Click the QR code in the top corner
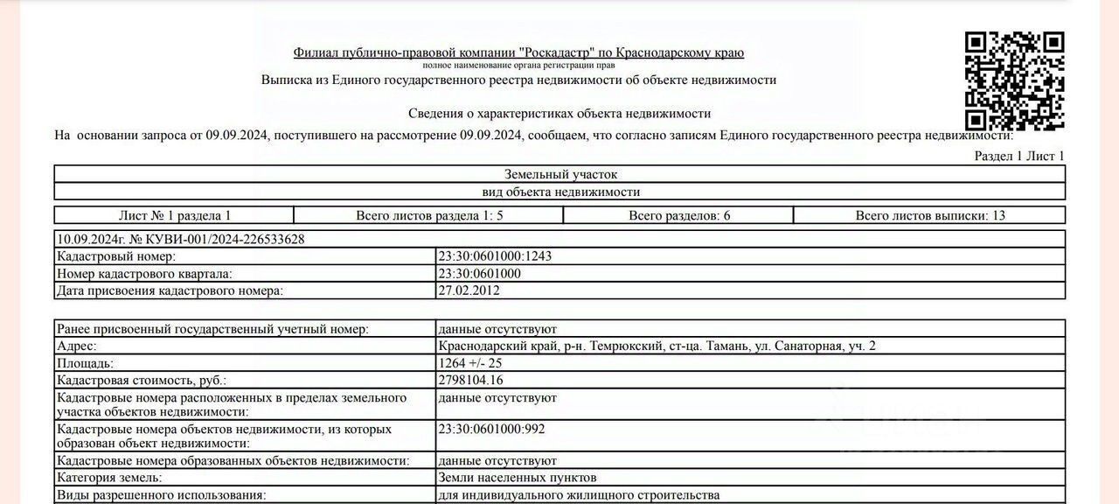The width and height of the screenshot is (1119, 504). click(1014, 81)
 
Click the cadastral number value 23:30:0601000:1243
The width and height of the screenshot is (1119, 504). click(495, 256)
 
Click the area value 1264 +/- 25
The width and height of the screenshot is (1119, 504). click(470, 363)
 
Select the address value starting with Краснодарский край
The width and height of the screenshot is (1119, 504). click(657, 346)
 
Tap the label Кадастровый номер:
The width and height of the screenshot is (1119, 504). click(115, 256)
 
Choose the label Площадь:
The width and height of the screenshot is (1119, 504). click(86, 363)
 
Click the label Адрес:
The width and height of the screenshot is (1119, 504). click(77, 346)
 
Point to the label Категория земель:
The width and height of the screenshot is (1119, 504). click(109, 478)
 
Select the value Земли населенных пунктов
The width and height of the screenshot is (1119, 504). click(518, 478)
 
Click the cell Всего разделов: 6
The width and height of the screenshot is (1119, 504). click(679, 215)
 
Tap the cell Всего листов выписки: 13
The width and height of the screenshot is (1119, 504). click(930, 215)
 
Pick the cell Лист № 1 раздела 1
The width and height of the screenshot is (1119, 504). click(175, 215)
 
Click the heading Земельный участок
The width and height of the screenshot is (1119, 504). click(560, 174)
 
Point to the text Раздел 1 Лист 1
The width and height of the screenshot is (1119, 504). click(1019, 157)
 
